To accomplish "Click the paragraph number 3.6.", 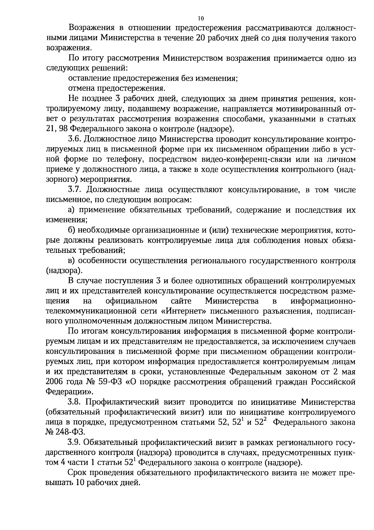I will pyautogui.click(x=75, y=139).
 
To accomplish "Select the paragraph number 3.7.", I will pyautogui.click(x=75, y=190).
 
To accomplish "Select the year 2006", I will pyautogui.click(x=55, y=382).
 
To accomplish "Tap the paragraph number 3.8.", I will pyautogui.click(x=75, y=402).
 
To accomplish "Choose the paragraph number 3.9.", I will pyautogui.click(x=75, y=442).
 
